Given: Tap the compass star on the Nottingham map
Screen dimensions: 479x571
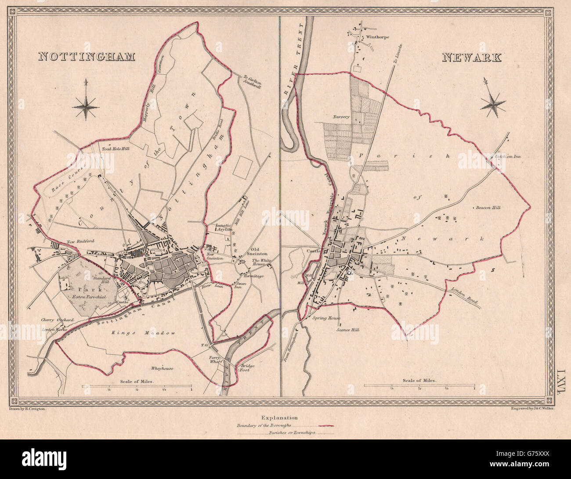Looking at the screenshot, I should click(x=87, y=104).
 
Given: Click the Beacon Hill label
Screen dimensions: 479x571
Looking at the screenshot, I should click(x=487, y=208).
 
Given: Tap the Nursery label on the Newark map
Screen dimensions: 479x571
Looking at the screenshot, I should click(x=341, y=117).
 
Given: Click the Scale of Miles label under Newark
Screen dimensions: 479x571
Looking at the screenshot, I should click(x=419, y=381).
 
